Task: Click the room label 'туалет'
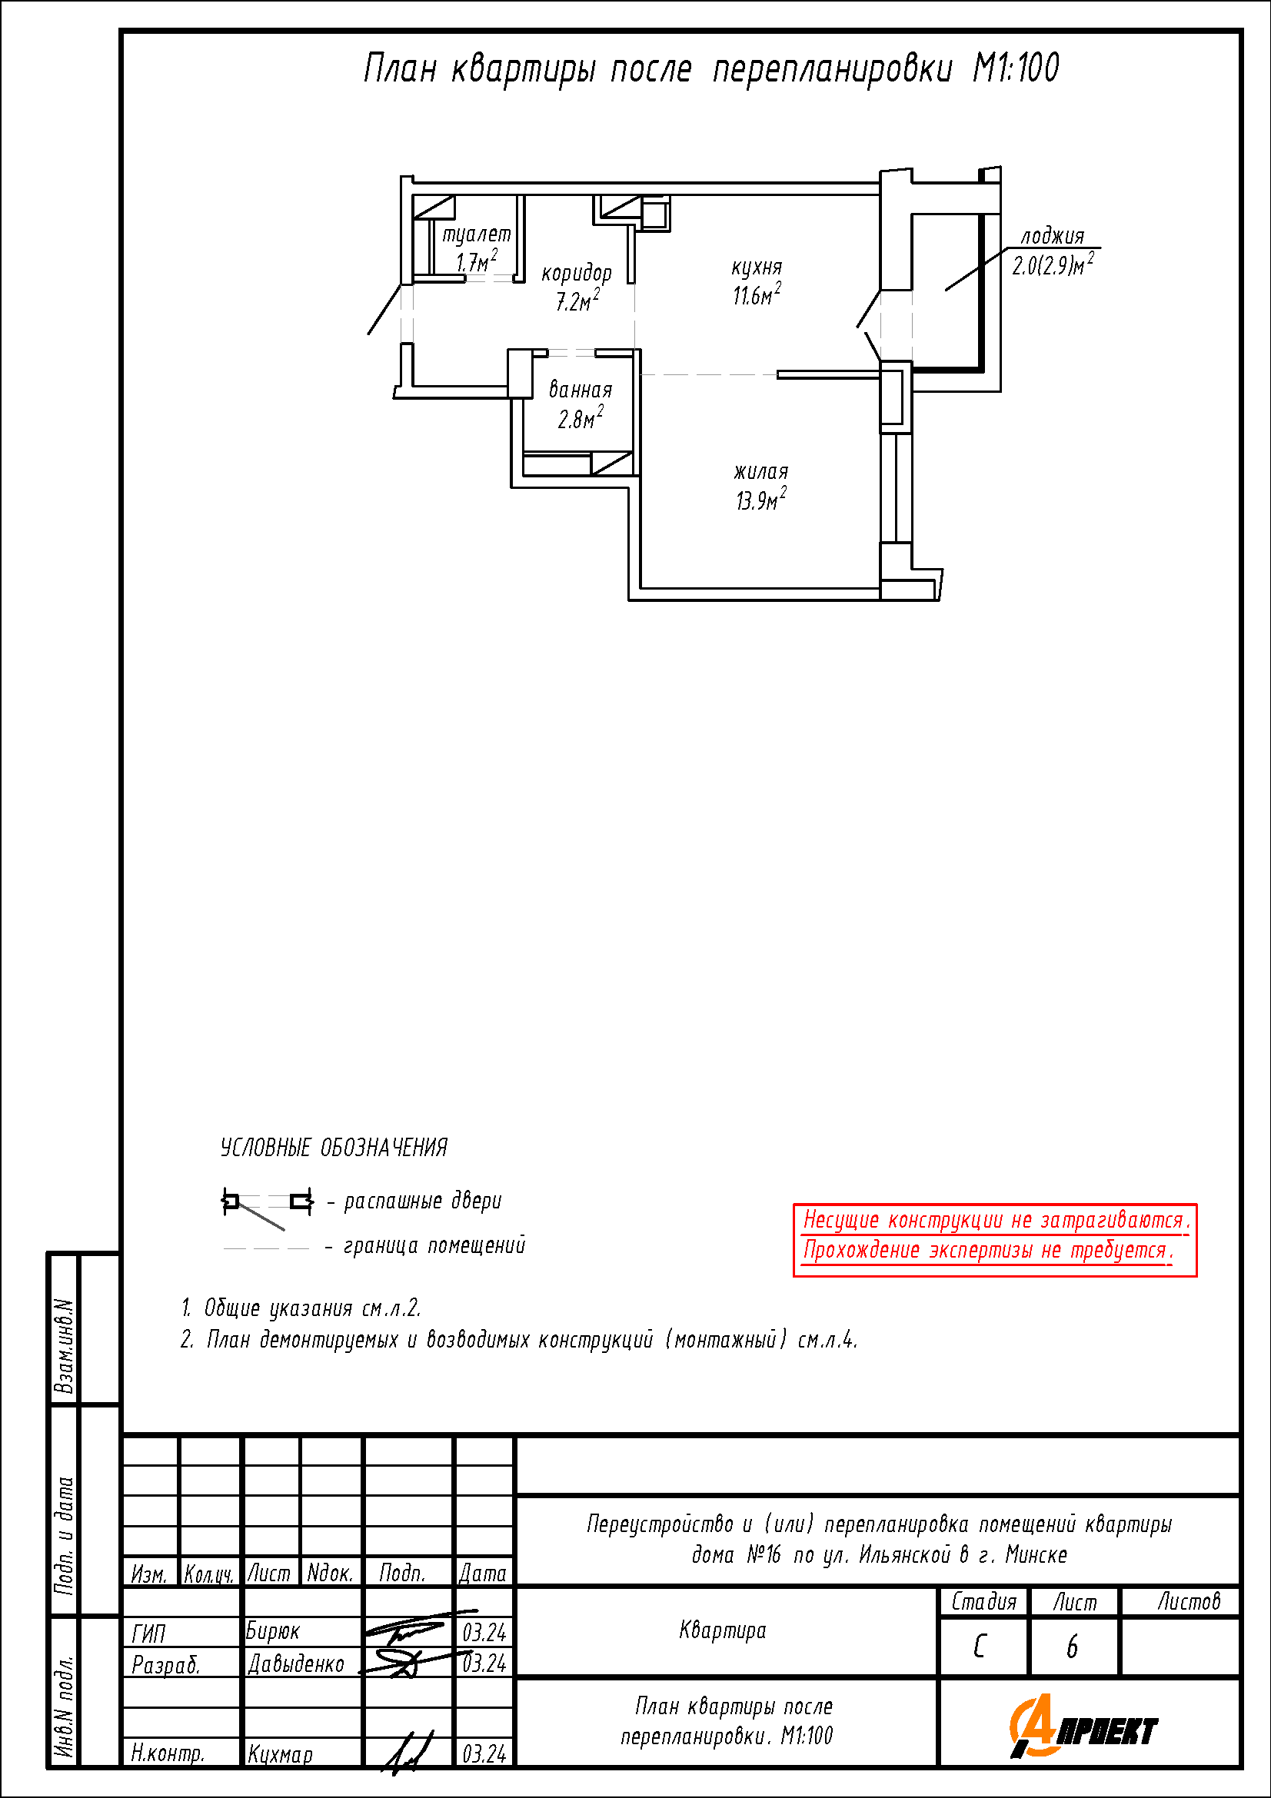click(476, 235)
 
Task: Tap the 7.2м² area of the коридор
click(578, 300)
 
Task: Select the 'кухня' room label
click(757, 268)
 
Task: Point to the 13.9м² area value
click(760, 499)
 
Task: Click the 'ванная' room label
click(581, 389)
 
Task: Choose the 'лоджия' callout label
click(1053, 236)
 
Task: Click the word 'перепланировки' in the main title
click(833, 69)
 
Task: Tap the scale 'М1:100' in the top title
click(1016, 68)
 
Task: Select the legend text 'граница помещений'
click(434, 1245)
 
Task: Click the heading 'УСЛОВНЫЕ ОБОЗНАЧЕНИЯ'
click(334, 1148)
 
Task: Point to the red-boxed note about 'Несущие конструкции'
click(994, 1240)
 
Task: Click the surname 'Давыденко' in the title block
click(296, 1663)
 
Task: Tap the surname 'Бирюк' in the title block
click(272, 1631)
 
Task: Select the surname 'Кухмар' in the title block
click(280, 1755)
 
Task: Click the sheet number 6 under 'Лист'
click(1072, 1647)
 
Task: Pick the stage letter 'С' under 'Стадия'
click(980, 1647)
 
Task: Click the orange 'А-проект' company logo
click(1083, 1727)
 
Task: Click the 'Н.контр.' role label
click(168, 1753)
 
